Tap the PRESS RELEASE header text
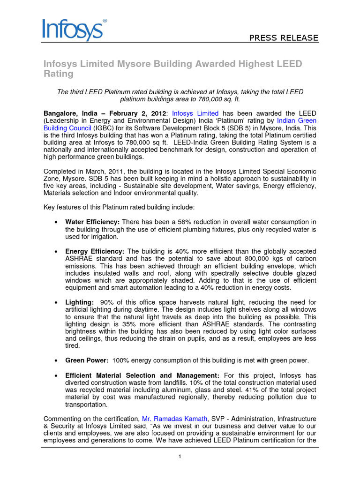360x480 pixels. coord(283,38)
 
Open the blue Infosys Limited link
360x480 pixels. coord(195,113)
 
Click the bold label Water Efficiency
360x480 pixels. coord(92,222)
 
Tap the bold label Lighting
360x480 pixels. coord(79,303)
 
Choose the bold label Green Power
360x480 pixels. coord(87,360)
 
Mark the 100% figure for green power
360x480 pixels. coord(121,360)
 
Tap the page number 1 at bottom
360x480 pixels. coord(180,457)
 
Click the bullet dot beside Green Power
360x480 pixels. coord(56,360)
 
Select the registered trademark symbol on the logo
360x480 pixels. coord(105,21)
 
